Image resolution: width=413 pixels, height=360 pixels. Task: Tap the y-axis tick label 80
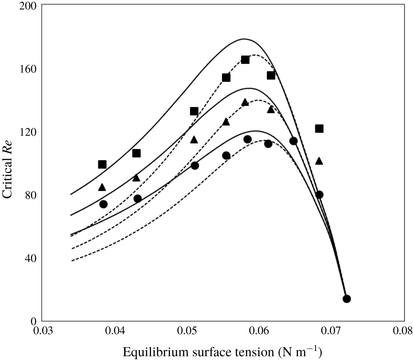[31, 195]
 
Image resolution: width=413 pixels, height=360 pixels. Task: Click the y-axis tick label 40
[31, 258]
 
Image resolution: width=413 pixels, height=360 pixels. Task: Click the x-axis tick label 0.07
[332, 330]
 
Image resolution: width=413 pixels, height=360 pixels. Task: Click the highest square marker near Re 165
[245, 60]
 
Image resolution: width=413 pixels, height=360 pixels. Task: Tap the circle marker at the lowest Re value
[346, 299]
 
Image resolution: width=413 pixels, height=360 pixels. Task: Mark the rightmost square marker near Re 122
[319, 129]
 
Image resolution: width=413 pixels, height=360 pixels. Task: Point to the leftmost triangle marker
[102, 187]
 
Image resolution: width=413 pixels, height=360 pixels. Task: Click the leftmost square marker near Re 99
[102, 164]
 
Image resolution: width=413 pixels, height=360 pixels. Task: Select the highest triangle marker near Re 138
[245, 102]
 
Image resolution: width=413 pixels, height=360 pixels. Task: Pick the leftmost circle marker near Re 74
[103, 204]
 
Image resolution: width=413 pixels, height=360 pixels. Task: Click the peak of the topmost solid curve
[244, 39]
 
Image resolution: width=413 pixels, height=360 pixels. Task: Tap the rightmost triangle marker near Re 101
[319, 161]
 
